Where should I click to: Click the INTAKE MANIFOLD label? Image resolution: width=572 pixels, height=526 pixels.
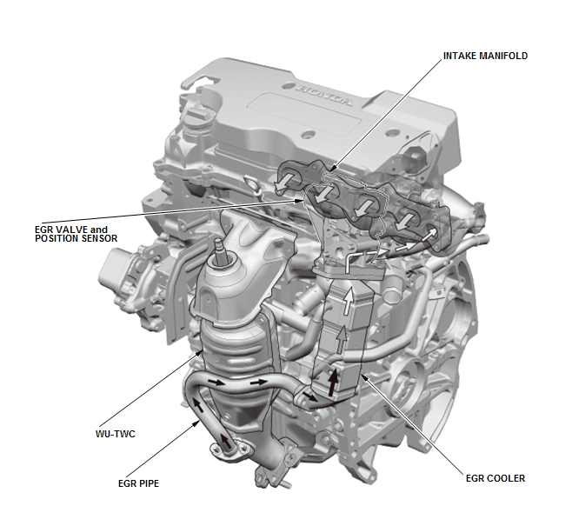pos(485,56)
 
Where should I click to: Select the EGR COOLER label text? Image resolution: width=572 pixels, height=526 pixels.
pos(496,478)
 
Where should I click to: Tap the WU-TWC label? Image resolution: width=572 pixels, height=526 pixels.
pos(116,434)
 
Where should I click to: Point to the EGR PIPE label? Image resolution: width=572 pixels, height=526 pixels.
pos(138,483)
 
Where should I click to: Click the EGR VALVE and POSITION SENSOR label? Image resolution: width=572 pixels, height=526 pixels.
pos(76,234)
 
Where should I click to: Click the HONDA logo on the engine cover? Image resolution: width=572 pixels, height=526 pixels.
pos(323,95)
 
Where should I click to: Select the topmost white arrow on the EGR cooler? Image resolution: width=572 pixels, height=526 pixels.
pos(349,301)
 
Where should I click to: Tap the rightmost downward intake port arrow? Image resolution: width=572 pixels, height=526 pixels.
pos(404,222)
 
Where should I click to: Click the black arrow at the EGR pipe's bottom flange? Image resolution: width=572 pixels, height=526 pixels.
pos(226,442)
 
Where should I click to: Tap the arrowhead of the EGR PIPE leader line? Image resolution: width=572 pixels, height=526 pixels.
pos(198,422)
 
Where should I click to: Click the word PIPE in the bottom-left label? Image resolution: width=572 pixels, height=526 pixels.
pos(150,483)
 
